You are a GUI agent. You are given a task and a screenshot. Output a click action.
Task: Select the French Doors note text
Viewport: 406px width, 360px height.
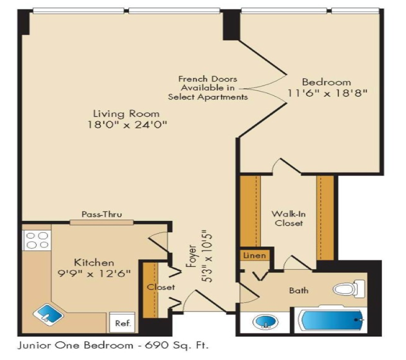[207, 88]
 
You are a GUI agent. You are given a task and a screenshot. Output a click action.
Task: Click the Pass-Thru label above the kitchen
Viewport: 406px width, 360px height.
[102, 214]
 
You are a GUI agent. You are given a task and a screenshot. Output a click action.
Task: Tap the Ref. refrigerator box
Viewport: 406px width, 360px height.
[122, 323]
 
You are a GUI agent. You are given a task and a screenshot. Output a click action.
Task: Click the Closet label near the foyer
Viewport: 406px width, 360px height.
[160, 287]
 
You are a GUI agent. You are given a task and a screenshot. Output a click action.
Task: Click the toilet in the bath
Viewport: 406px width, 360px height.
[350, 289]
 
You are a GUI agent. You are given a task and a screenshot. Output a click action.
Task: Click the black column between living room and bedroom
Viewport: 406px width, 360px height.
[230, 24]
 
